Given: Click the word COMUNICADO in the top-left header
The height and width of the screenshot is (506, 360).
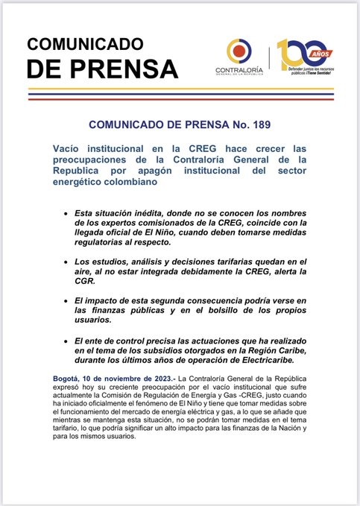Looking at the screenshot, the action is pyautogui.click(x=86, y=43).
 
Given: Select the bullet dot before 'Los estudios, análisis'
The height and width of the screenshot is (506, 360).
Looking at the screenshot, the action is pyautogui.click(x=68, y=263).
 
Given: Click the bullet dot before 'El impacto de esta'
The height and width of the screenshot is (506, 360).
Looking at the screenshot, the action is pyautogui.click(x=68, y=300).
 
